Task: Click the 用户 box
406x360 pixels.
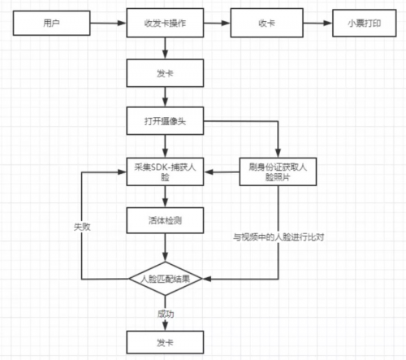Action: (51, 23)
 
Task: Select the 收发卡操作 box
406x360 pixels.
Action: (165, 23)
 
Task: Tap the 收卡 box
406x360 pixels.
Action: (266, 23)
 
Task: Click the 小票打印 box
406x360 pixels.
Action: (365, 23)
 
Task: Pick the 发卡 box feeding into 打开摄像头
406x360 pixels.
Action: (165, 73)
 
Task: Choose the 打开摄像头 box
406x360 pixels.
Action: (165, 121)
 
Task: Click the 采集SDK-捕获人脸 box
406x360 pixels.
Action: (165, 171)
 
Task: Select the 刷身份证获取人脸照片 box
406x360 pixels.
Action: (278, 171)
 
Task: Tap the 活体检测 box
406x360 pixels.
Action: (165, 220)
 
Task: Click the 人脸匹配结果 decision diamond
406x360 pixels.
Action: (165, 279)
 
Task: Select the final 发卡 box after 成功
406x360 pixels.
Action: (165, 342)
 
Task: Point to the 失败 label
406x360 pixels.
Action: (82, 227)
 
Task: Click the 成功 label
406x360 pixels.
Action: (166, 314)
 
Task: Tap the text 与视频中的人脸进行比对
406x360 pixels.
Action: (279, 237)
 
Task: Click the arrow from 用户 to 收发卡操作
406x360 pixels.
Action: (108, 23)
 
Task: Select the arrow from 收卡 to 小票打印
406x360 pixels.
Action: (317, 23)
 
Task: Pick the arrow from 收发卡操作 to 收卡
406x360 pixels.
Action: (217, 23)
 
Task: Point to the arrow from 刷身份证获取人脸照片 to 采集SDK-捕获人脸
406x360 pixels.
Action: (222, 171)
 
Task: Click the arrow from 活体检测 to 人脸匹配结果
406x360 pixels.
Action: (165, 247)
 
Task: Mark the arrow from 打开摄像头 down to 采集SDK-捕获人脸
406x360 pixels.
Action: (165, 146)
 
